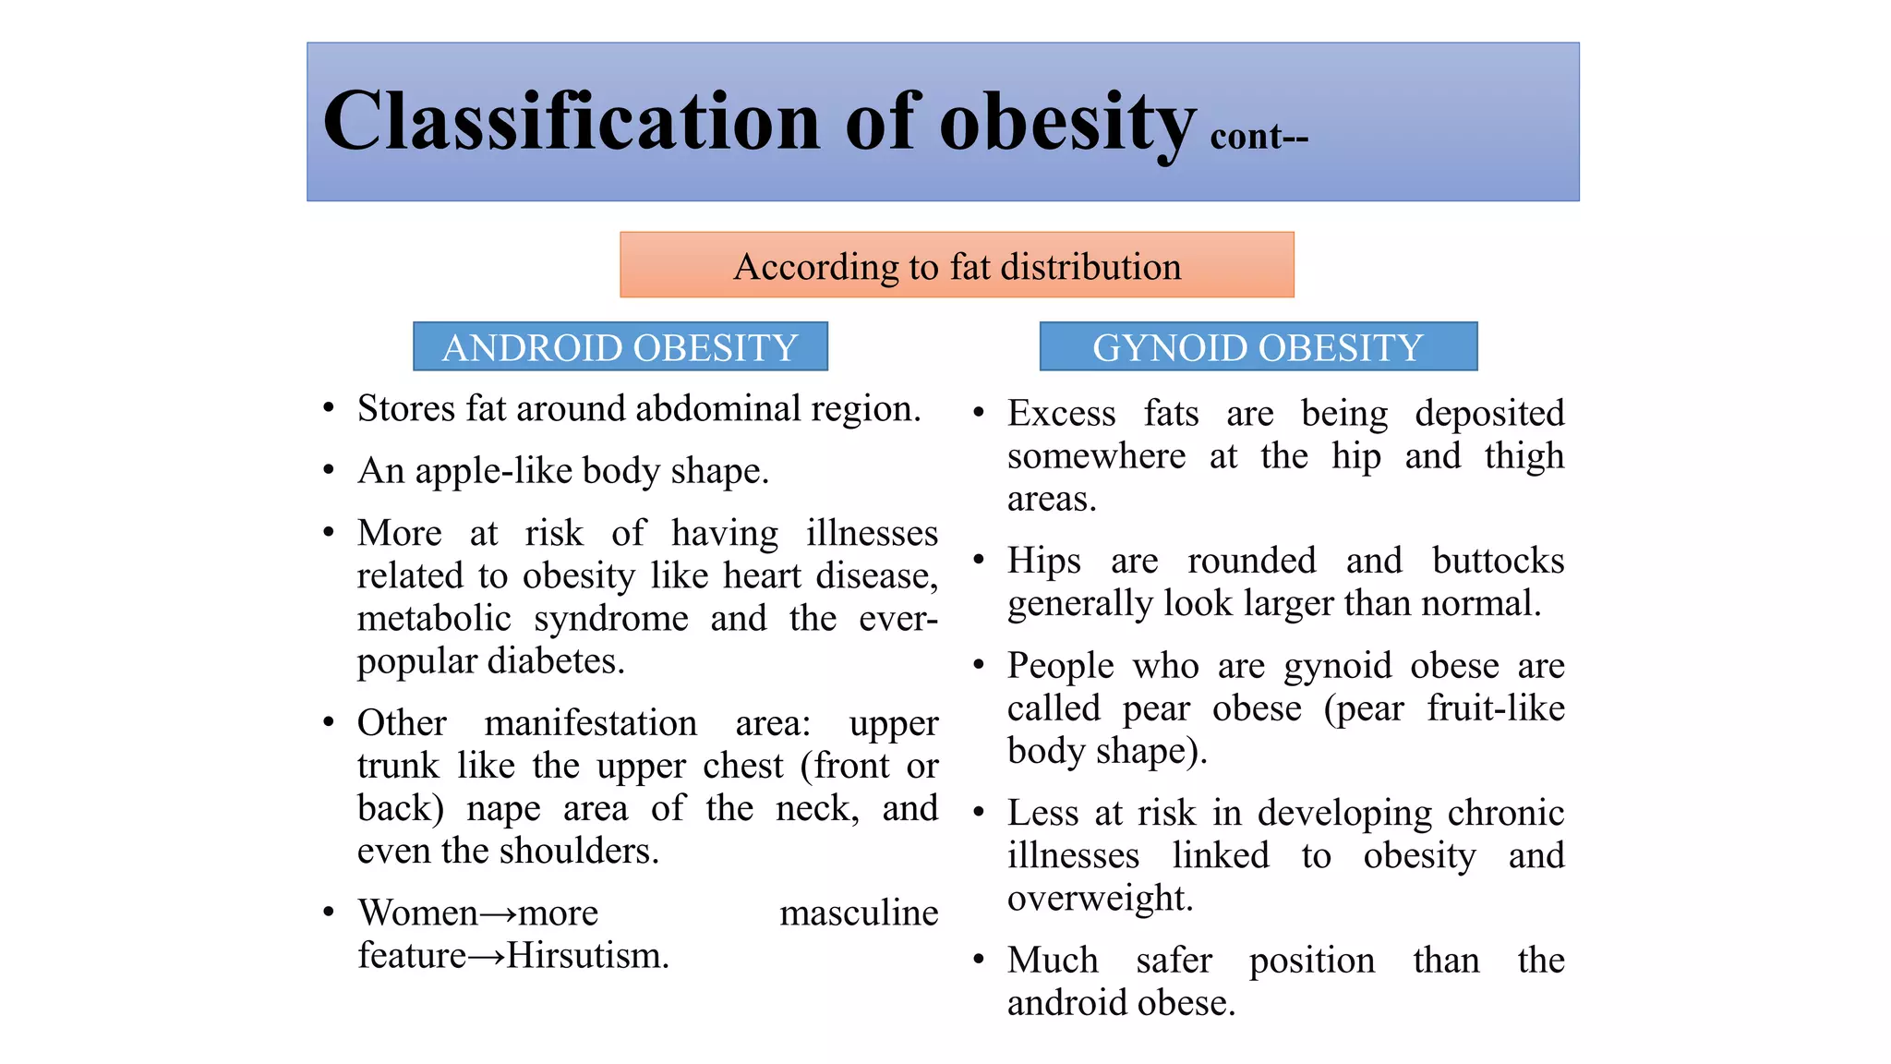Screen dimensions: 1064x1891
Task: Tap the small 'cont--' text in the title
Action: pos(1259,137)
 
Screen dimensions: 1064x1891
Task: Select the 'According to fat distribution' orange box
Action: pos(957,266)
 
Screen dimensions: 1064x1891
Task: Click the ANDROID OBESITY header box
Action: pos(620,347)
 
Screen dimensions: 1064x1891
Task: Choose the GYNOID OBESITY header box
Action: pos(1258,347)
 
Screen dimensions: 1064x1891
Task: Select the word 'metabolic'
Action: pos(434,619)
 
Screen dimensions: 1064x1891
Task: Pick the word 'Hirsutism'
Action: pos(587,956)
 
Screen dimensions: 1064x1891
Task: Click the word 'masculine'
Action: pos(859,913)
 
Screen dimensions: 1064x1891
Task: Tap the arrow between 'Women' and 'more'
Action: pos(499,914)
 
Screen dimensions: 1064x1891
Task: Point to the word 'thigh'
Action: pos(1524,456)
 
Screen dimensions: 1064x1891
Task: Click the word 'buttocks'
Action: pos(1498,561)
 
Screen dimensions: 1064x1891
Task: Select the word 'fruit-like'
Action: pos(1495,708)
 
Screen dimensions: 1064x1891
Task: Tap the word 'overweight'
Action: pos(1099,899)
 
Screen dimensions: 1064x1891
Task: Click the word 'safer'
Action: pos(1174,961)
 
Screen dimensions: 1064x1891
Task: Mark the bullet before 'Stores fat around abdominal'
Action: pos(329,408)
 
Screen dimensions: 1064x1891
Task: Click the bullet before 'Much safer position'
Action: pos(979,960)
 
